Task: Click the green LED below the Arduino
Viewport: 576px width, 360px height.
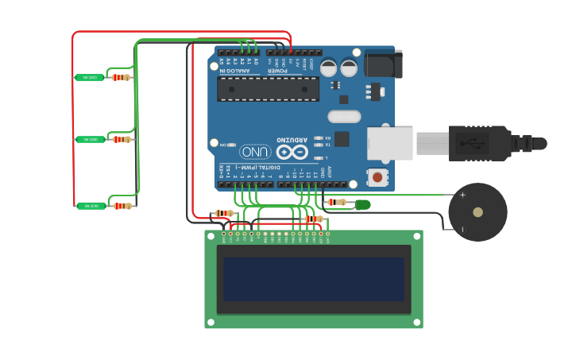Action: (362, 204)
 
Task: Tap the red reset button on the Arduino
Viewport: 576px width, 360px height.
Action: (378, 177)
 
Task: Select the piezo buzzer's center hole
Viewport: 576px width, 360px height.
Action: (477, 212)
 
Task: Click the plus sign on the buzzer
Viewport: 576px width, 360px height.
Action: (462, 195)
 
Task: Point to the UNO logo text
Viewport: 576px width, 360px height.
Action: (255, 151)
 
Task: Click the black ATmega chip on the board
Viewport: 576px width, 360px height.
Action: (268, 88)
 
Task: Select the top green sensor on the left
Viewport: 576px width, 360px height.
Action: (90, 77)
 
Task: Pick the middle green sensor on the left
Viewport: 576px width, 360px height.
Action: (90, 139)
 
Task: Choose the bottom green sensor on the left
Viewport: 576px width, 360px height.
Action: (90, 206)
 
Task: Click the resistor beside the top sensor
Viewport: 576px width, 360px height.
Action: (121, 77)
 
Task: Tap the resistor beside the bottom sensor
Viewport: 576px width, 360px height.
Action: (122, 206)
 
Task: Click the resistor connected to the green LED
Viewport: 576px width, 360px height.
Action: (338, 203)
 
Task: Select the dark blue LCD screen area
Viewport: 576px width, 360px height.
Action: (313, 279)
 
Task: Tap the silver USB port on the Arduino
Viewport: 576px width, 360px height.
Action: (389, 144)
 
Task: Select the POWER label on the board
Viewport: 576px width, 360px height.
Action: (277, 71)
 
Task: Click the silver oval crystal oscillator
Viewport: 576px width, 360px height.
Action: (344, 117)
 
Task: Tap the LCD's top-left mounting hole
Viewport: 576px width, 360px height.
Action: (211, 236)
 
